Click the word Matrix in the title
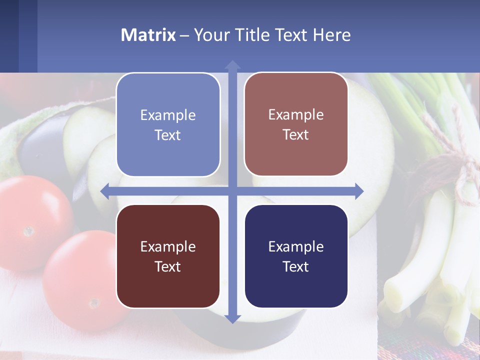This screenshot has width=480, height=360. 148,35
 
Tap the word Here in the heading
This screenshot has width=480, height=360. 332,35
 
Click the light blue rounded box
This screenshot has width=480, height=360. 168,124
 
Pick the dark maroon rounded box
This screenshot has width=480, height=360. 168,256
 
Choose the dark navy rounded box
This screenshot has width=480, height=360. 296,256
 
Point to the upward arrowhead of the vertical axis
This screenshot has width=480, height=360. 232,64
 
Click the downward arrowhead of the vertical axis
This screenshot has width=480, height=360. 232,318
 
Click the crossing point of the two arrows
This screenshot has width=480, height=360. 232,191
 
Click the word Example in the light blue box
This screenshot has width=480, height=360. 168,115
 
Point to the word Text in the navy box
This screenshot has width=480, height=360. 296,266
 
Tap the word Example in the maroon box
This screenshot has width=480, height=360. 168,246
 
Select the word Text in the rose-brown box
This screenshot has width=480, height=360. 296,135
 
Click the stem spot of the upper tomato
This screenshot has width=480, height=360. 28,231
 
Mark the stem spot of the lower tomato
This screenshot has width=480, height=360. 93,303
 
